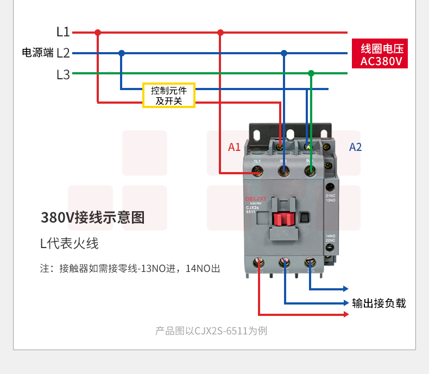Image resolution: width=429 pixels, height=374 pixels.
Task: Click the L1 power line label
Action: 63,32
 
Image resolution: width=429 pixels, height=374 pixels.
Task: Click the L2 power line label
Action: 63,53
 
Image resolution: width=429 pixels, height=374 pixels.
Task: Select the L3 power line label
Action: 63,74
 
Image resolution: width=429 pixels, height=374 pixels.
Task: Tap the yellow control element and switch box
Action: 169,96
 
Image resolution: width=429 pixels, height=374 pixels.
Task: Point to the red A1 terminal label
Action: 234,147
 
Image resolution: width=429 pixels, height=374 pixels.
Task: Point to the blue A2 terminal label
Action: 355,147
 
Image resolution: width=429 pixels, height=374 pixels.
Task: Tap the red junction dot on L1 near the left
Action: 98,33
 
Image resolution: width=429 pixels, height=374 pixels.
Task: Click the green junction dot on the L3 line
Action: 311,73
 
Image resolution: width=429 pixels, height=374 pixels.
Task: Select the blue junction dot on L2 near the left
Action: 122,53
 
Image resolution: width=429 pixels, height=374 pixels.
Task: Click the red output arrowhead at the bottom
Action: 346,314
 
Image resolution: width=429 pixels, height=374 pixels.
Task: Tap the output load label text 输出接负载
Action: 378,303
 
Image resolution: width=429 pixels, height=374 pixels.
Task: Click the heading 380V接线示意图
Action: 93,218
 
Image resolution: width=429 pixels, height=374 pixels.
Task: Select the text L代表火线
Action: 70,243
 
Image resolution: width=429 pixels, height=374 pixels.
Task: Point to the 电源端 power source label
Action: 37,53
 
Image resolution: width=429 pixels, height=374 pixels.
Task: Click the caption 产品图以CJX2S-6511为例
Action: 211,331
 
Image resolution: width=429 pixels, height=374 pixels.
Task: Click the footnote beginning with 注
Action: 130,268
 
